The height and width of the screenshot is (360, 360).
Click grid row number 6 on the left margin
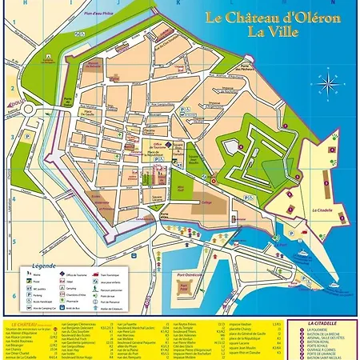coord(14,296)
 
